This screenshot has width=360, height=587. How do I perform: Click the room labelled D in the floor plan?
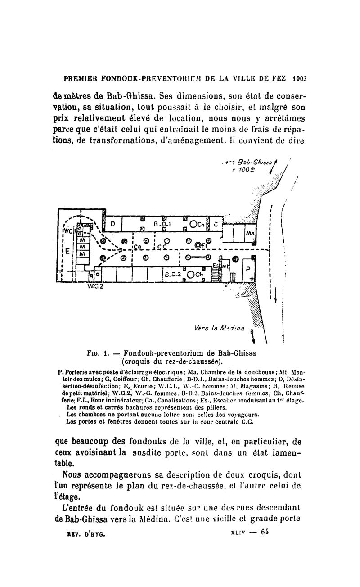click(113, 224)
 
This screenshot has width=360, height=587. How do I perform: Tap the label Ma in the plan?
click(250, 234)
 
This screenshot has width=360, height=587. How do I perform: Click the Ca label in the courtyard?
click(137, 247)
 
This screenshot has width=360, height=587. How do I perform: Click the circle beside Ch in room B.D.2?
click(190, 275)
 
